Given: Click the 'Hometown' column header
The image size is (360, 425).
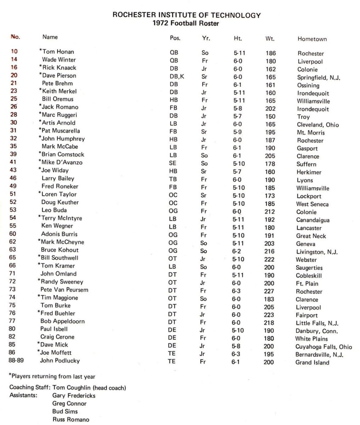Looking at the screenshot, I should click(312, 39).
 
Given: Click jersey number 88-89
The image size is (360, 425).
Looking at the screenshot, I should click(17, 361).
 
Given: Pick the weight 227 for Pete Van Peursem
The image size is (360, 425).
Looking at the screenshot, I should click(269, 291).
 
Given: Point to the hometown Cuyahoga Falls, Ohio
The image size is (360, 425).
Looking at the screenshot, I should click(324, 347).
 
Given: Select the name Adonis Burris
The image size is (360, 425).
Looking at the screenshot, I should click(59, 234).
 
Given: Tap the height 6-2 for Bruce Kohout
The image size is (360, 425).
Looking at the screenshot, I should click(236, 251).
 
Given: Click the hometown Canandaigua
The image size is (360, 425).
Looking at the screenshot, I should click(313, 220).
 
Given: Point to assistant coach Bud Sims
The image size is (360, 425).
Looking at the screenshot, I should click(65, 412).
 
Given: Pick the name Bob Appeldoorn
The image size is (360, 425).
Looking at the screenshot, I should click(62, 321).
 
